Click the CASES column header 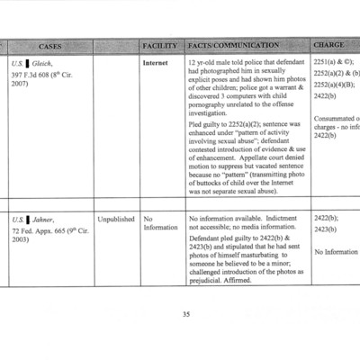pos(49,45)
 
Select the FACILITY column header pos(159,45)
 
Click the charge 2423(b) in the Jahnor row pos(325,230)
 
